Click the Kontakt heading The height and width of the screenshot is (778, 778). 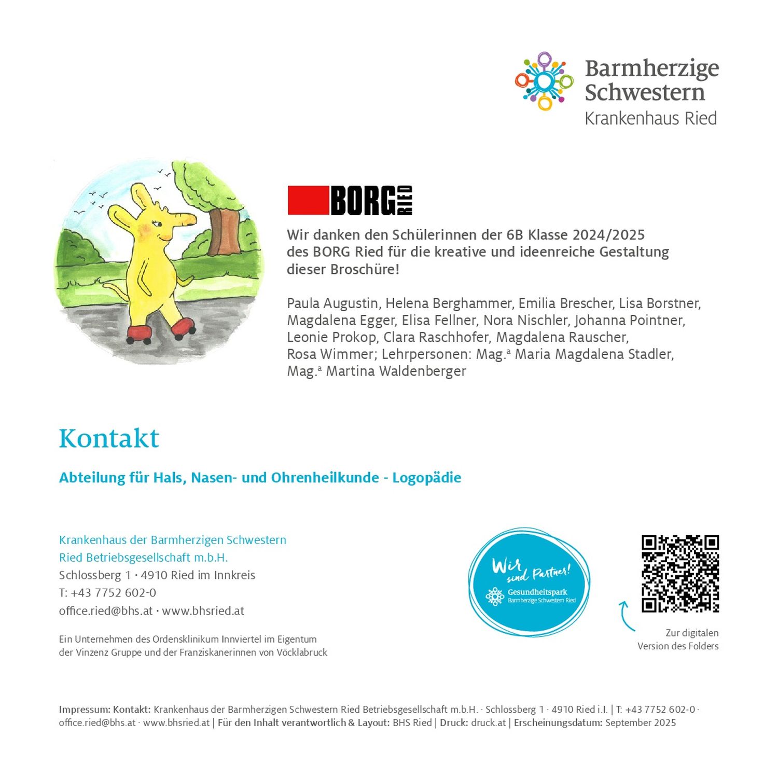pyautogui.click(x=109, y=438)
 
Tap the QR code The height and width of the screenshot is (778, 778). pyautogui.click(x=680, y=574)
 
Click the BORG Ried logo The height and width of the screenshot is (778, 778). pyautogui.click(x=350, y=200)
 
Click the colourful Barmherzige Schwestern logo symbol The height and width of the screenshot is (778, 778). pyautogui.click(x=544, y=81)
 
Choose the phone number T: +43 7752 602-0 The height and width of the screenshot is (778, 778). pyautogui.click(x=107, y=593)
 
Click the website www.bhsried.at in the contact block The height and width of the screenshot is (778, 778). pyautogui.click(x=203, y=611)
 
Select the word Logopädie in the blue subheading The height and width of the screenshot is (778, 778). pyautogui.click(x=426, y=478)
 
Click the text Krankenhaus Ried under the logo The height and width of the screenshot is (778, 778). pyautogui.click(x=650, y=119)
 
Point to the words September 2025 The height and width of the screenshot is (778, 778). pyautogui.click(x=641, y=723)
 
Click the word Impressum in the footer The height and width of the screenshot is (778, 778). pyautogui.click(x=84, y=710)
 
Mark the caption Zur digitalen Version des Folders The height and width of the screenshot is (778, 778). pyautogui.click(x=678, y=640)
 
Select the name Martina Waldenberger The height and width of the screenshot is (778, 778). pyautogui.click(x=396, y=371)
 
